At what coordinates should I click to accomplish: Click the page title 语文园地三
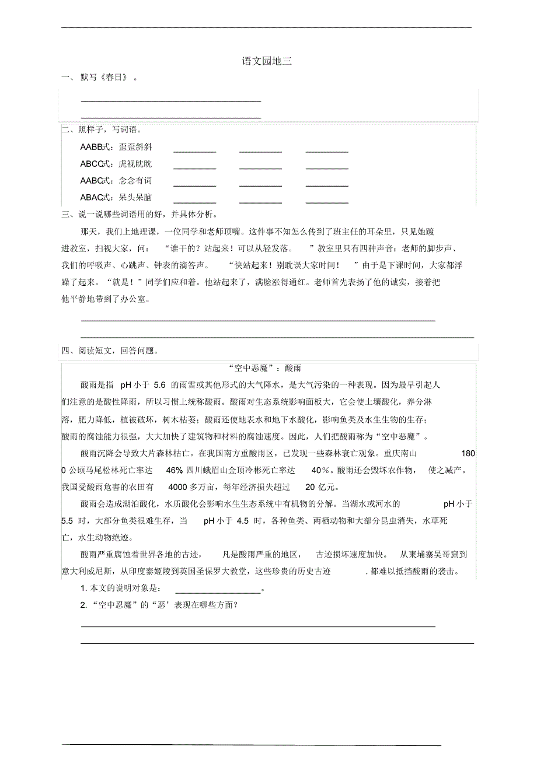(267, 61)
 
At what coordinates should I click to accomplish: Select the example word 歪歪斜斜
(135, 147)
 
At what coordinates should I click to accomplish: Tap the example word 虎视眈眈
(135, 164)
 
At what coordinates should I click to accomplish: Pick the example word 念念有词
(135, 181)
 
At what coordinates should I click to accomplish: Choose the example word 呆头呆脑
(135, 198)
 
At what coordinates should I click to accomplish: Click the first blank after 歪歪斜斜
(195, 150)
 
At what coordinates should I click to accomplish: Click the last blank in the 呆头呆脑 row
(327, 201)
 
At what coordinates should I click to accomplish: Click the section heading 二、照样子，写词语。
(102, 130)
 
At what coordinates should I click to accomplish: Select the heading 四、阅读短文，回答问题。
(110, 351)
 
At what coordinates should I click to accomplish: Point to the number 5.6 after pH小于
(160, 385)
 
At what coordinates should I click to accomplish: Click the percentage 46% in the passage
(175, 470)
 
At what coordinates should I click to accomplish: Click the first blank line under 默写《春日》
(170, 100)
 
